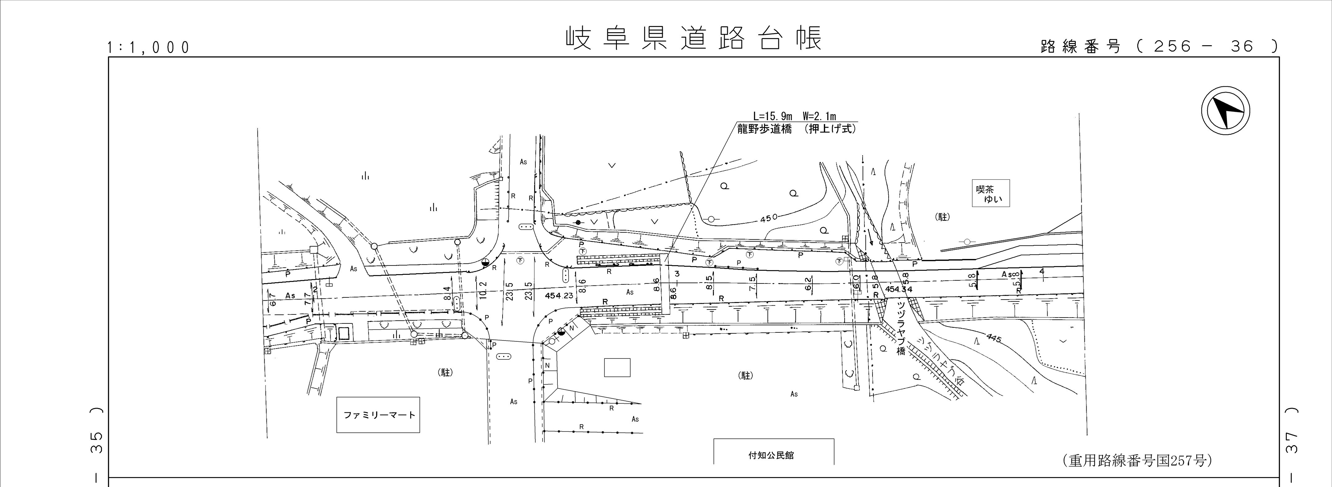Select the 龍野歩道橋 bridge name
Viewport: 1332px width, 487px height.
[x=764, y=129]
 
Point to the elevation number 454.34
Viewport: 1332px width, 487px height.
[x=899, y=289]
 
